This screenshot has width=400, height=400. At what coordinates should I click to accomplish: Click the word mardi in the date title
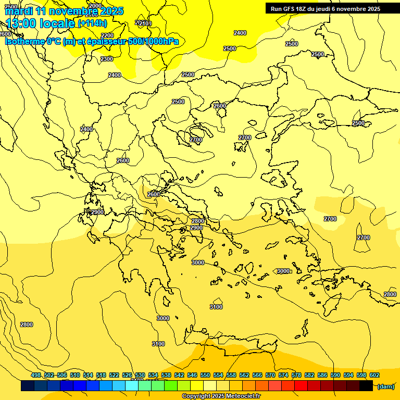19,11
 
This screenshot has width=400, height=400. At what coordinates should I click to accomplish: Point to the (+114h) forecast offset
92,23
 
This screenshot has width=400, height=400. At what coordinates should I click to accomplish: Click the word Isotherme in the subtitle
24,41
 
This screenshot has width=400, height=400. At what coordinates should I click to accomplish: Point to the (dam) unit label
385,386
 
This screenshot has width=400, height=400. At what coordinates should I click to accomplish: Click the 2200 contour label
107,36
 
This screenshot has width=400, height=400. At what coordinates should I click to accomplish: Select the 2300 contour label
107,59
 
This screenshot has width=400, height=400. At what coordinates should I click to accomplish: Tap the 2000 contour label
95,6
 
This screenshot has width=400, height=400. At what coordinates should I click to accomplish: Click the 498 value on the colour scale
36,375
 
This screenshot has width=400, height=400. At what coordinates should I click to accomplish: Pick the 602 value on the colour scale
374,375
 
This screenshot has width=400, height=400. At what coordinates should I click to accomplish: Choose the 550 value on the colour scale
205,375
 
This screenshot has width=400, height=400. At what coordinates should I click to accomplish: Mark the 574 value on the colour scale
283,375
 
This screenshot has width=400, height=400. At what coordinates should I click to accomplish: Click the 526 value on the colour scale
127,375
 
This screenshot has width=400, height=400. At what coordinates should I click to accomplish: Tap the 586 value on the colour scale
322,375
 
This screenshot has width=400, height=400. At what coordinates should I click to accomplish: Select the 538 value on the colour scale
166,375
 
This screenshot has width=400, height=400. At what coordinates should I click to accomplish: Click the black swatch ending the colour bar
366,386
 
